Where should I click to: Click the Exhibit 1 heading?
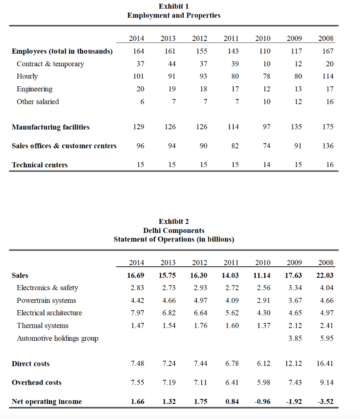click(x=173, y=6)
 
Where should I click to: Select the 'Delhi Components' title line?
click(x=173, y=230)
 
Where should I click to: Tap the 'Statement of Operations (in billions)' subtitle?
click(x=173, y=239)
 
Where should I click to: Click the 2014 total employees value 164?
click(x=139, y=51)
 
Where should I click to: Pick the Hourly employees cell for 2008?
click(x=328, y=76)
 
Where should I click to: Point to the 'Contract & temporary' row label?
click(x=50, y=64)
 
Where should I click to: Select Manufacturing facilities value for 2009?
click(x=296, y=127)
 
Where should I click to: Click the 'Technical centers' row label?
click(x=40, y=165)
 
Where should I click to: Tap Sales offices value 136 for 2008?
click(x=328, y=146)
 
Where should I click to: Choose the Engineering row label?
click(x=34, y=89)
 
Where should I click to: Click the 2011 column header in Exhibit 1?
click(x=231, y=38)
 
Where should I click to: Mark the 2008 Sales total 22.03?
click(x=326, y=275)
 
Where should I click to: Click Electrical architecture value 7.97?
click(x=137, y=313)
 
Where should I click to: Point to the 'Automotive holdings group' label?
click(x=57, y=338)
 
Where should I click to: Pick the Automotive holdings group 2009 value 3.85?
click(x=295, y=338)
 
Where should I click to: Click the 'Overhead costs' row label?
click(x=36, y=383)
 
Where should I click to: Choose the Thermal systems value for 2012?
click(x=200, y=326)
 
